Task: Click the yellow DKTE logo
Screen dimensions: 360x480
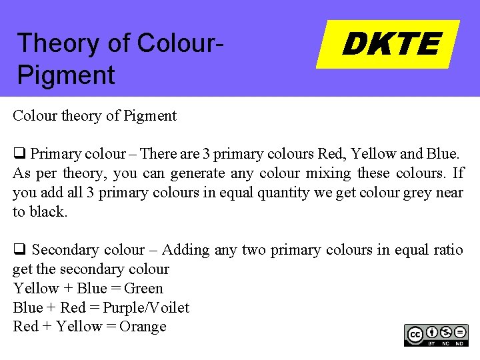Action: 389,45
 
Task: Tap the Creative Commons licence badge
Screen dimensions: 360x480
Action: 436,335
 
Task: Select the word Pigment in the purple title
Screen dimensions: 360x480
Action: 66,75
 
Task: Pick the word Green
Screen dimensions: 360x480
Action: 143,289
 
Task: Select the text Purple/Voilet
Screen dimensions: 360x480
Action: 146,308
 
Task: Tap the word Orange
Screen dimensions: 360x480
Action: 143,327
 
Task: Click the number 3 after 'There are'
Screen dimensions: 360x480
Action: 207,154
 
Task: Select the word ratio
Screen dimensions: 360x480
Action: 447,250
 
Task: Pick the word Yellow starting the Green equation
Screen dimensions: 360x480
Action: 36,289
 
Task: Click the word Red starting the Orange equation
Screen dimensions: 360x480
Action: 26,327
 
